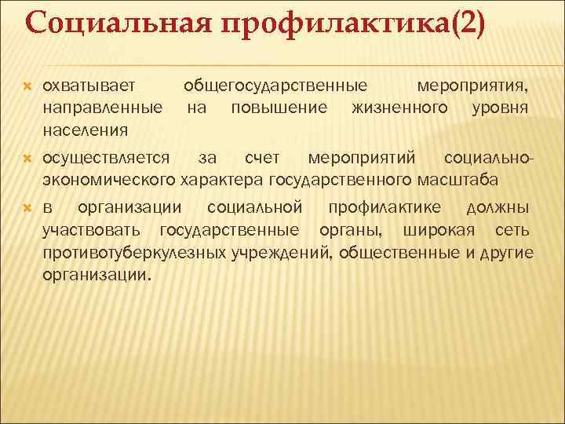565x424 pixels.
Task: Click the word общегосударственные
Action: (275, 83)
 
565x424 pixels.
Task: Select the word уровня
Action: (501, 105)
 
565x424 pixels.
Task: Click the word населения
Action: (86, 127)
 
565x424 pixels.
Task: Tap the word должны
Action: (498, 208)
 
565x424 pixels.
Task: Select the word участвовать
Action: (92, 230)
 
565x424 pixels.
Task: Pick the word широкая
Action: (436, 230)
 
